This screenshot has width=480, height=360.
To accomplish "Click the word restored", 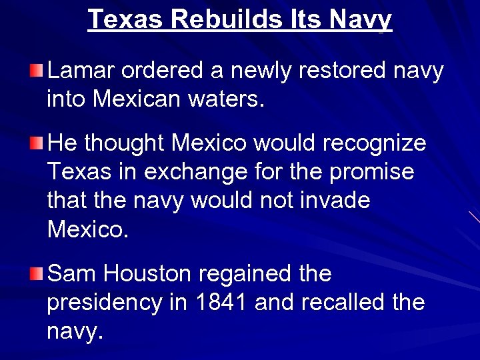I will coord(315,71).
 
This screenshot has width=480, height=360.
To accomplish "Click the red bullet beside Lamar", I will coord(38,70).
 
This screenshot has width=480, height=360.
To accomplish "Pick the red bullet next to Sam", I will coord(38,273).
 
